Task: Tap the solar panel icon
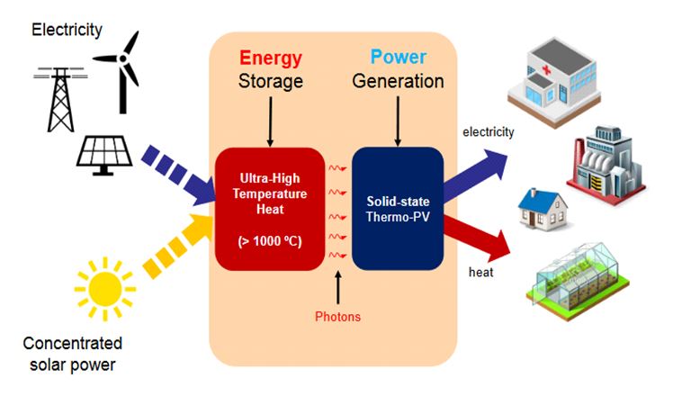(x=105, y=153)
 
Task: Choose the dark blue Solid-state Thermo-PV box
(x=397, y=208)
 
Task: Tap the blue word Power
(x=398, y=58)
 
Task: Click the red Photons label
(x=337, y=317)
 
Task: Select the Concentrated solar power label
(x=72, y=354)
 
